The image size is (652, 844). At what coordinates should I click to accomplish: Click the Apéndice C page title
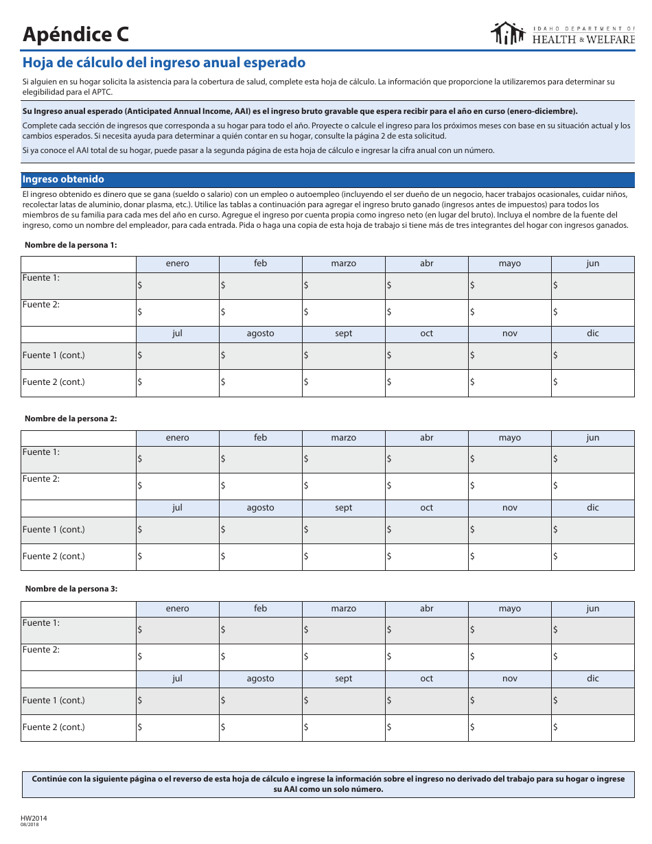75,34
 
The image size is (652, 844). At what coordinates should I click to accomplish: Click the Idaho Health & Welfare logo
563,34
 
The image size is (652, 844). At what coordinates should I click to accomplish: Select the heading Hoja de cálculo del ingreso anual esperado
164,62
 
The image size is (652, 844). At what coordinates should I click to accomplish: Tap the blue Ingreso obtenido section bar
327,179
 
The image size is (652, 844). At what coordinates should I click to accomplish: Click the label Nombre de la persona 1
71,245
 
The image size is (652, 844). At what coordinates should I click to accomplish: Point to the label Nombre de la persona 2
71,419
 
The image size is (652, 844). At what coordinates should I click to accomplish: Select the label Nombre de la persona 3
71,589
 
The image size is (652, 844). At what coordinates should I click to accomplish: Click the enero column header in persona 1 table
177,263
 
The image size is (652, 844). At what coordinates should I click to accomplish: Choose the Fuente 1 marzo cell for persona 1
343,285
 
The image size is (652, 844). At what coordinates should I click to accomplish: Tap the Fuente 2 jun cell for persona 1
592,312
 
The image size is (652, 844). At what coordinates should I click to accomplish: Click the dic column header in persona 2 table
592,508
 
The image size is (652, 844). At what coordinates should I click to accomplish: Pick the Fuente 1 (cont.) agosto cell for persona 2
260,530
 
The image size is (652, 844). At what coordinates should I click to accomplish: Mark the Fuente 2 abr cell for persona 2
426,487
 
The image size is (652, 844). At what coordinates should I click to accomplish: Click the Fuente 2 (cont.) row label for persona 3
54,727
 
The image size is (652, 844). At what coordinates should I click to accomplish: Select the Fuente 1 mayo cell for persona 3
509,630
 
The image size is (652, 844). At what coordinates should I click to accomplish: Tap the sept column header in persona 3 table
343,679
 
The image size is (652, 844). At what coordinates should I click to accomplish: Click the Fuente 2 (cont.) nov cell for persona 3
509,727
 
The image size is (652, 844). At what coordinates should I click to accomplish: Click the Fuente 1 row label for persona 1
41,278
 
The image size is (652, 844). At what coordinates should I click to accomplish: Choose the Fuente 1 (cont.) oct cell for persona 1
426,355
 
